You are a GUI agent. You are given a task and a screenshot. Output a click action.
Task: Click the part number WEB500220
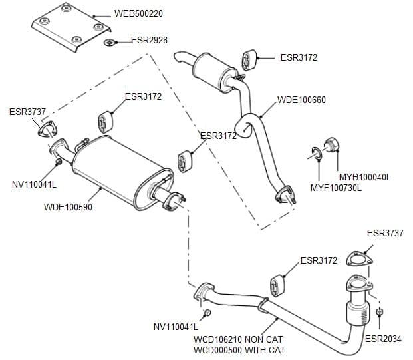pos(138,13)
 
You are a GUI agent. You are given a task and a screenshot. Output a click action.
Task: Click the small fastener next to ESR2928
pos(110,44)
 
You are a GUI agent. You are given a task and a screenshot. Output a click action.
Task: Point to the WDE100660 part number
pos(301,100)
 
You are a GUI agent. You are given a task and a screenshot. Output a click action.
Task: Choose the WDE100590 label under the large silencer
pos(68,207)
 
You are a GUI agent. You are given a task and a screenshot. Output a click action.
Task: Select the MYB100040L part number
pos(364,178)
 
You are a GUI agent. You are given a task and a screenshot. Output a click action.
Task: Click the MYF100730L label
pos(336,188)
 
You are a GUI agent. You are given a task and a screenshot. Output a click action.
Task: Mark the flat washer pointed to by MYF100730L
pos(317,154)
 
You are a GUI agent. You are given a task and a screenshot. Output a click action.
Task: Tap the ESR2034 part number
pos(383,339)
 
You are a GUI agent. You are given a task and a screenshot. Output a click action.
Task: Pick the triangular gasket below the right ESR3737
pos(361,260)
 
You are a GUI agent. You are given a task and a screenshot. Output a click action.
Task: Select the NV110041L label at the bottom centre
pos(176,327)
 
